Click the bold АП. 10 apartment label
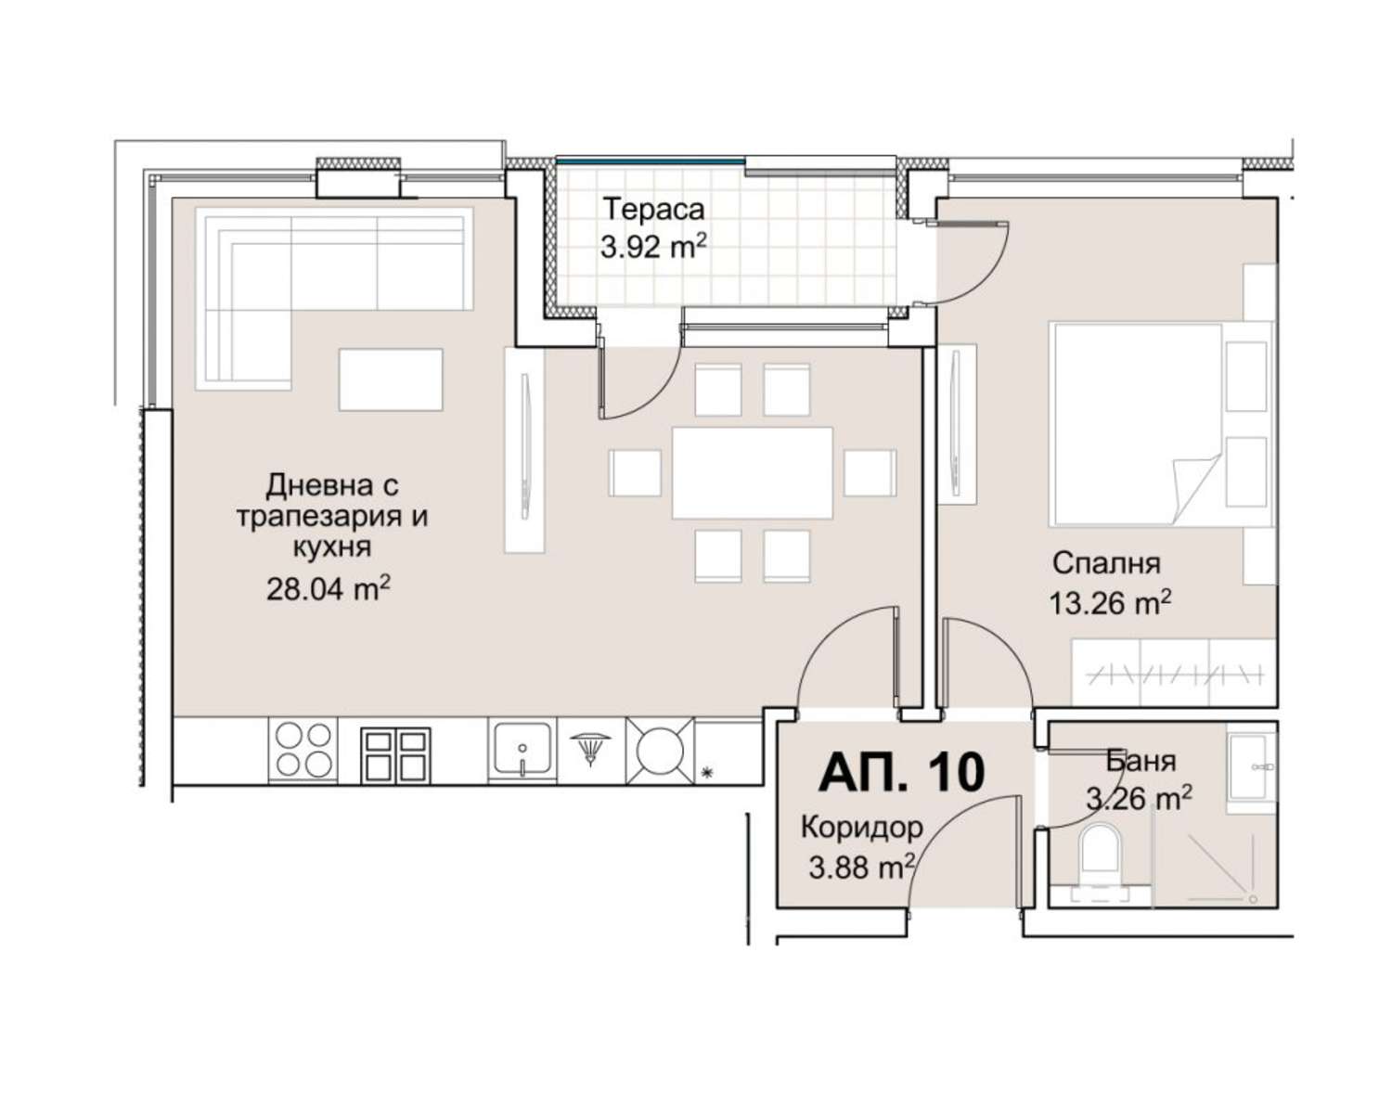[x=901, y=772]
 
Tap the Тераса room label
[x=653, y=209]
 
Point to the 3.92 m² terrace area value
[x=652, y=247]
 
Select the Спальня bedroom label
[x=1106, y=564]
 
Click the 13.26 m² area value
[x=1110, y=603]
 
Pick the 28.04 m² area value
[x=329, y=588]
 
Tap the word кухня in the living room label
[x=332, y=548]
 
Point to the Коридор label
[x=861, y=828]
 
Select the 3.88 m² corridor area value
[x=861, y=868]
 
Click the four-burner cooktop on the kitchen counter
[x=303, y=750]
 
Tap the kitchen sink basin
[x=522, y=749]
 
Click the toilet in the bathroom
[x=1100, y=860]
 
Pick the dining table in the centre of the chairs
[x=752, y=473]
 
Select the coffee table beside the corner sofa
[x=391, y=379]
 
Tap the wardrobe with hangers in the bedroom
[x=1173, y=672]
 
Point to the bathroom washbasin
[x=1252, y=767]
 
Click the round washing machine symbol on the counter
[x=660, y=751]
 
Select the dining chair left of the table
[x=635, y=473]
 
